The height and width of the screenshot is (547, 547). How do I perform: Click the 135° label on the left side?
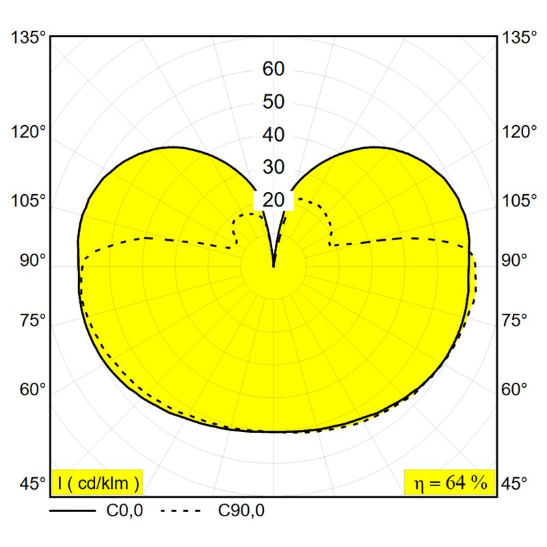29,38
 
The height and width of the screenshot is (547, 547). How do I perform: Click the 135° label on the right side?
519,38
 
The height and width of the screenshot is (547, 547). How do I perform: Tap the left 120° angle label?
29,132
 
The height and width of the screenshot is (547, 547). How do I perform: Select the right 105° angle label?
519,200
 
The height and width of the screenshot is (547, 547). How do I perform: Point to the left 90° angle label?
33,261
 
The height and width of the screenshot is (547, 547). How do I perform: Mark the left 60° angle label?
33,389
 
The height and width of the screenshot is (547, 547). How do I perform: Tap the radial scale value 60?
273,69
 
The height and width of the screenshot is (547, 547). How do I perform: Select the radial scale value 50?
273,102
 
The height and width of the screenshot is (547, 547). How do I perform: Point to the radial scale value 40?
273,135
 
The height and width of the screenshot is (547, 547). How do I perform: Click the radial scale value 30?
273,167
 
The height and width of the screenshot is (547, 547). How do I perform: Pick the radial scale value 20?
273,200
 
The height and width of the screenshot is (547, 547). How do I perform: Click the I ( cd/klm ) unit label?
98,483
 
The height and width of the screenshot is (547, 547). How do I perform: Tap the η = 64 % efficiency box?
450,483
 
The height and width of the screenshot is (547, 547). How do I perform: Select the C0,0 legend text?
124,511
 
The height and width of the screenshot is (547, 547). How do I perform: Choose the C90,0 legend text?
241,511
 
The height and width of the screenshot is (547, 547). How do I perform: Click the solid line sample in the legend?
72,511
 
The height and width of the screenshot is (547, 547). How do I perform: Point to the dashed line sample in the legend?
181,511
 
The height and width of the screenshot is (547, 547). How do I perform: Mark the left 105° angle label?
29,201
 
